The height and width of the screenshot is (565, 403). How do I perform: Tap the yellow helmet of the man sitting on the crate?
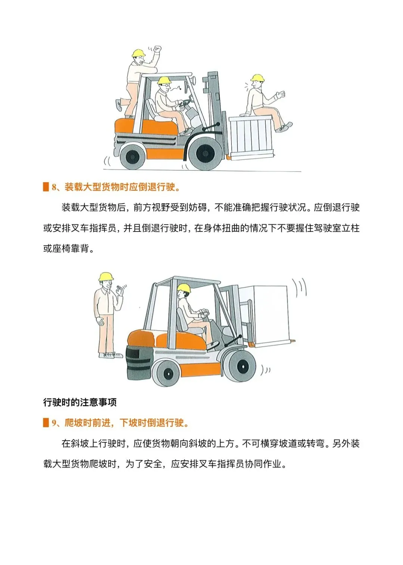(257, 78)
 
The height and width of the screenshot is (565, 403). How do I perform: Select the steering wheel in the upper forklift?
(184, 103)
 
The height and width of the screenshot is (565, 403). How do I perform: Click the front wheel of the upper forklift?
(205, 153)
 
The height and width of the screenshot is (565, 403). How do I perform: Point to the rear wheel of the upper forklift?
(133, 157)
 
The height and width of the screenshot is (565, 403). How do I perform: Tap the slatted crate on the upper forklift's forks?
(251, 138)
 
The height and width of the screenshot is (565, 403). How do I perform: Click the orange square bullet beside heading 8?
(46, 187)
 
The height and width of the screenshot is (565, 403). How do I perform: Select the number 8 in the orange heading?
(54, 187)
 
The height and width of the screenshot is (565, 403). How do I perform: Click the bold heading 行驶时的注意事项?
(80, 402)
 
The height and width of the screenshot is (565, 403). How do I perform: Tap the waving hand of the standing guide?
(120, 291)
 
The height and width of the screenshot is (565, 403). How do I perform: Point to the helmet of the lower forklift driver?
(184, 288)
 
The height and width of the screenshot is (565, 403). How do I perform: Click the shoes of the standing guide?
(110, 355)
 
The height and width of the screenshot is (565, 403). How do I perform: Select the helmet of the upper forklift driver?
(164, 80)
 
